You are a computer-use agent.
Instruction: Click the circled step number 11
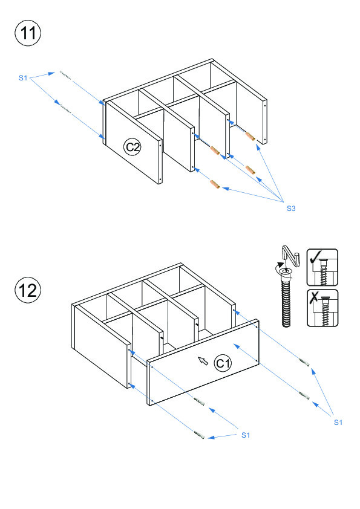(28, 33)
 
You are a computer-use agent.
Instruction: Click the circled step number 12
(28, 290)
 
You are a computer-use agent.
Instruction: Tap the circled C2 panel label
(133, 147)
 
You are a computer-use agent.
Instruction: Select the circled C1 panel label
(223, 363)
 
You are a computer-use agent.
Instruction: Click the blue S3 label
(291, 209)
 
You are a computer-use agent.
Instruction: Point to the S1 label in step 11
(23, 77)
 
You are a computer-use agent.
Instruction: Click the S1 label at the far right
(338, 423)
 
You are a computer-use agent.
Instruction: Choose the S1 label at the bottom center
(246, 435)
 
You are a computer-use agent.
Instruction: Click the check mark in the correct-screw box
(315, 257)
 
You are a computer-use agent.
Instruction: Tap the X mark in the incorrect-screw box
(314, 297)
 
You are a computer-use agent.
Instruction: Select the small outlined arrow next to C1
(203, 360)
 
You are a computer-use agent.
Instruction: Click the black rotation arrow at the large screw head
(280, 267)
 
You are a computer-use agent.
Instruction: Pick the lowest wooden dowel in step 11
(215, 184)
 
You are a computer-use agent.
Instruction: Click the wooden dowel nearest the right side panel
(250, 136)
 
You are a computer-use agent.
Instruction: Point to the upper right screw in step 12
(304, 362)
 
